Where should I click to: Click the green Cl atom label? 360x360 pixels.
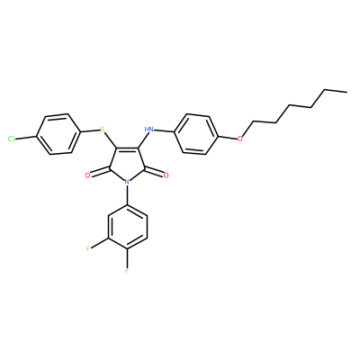(x=12, y=139)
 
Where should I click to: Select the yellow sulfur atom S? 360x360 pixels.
(x=103, y=130)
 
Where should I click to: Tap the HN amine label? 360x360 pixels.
(x=148, y=130)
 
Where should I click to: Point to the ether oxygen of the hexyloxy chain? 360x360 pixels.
(x=239, y=139)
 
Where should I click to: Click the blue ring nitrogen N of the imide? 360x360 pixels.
(x=127, y=182)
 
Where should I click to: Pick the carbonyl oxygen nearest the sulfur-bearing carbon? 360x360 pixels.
(x=87, y=175)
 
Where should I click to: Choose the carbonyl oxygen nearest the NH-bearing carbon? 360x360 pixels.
(x=166, y=175)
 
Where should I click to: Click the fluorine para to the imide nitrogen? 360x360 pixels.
(x=127, y=271)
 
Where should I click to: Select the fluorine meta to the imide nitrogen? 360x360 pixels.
(x=88, y=248)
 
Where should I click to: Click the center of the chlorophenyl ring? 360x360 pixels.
(x=58, y=134)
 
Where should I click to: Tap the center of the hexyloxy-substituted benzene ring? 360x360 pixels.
(x=196, y=134)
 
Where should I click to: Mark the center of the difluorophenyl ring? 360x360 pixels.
(x=128, y=227)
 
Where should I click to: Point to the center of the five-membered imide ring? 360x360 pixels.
(x=127, y=164)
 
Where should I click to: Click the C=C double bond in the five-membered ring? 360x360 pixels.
(x=126, y=148)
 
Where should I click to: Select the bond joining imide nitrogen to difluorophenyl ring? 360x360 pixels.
(x=127, y=195)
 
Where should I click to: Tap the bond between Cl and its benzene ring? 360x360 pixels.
(x=26, y=138)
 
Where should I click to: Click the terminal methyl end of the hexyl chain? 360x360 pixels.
(x=346, y=92)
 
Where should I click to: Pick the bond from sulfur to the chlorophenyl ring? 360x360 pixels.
(x=90, y=131)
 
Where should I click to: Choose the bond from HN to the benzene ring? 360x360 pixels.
(x=164, y=131)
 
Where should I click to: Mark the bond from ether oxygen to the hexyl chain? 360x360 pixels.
(x=247, y=130)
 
